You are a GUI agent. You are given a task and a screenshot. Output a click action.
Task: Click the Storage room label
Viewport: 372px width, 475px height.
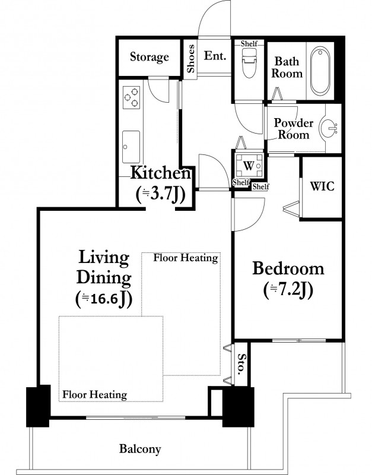150,57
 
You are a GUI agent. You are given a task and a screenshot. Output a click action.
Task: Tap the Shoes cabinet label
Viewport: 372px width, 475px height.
190,59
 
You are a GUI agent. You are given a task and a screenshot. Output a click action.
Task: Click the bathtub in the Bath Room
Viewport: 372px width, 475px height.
320,71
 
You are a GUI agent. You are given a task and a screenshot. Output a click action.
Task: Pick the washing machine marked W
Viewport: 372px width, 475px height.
249,166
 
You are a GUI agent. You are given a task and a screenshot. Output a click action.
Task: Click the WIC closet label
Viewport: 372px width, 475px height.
322,186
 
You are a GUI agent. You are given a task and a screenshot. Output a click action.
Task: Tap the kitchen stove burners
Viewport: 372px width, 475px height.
132,97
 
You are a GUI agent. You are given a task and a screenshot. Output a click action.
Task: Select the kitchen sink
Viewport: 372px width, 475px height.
131,147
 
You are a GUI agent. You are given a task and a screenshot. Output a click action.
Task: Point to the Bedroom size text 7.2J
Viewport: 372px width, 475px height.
288,290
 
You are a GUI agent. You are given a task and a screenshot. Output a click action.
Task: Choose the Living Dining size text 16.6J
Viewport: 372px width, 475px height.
103,299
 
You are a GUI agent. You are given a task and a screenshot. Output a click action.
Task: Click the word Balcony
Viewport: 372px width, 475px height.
140,449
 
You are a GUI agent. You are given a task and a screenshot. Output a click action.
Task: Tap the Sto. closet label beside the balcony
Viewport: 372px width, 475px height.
241,364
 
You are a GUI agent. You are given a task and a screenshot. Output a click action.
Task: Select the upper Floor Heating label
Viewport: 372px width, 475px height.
186,258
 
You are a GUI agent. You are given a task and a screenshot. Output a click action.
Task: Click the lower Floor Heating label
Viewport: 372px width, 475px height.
95,394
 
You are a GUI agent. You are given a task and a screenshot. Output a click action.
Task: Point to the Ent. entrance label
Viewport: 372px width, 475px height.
215,56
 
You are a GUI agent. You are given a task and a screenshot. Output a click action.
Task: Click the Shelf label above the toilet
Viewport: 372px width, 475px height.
249,43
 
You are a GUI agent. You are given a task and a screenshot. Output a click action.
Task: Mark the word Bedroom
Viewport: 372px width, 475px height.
288,269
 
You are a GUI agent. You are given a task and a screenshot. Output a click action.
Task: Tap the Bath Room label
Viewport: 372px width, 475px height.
287,67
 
